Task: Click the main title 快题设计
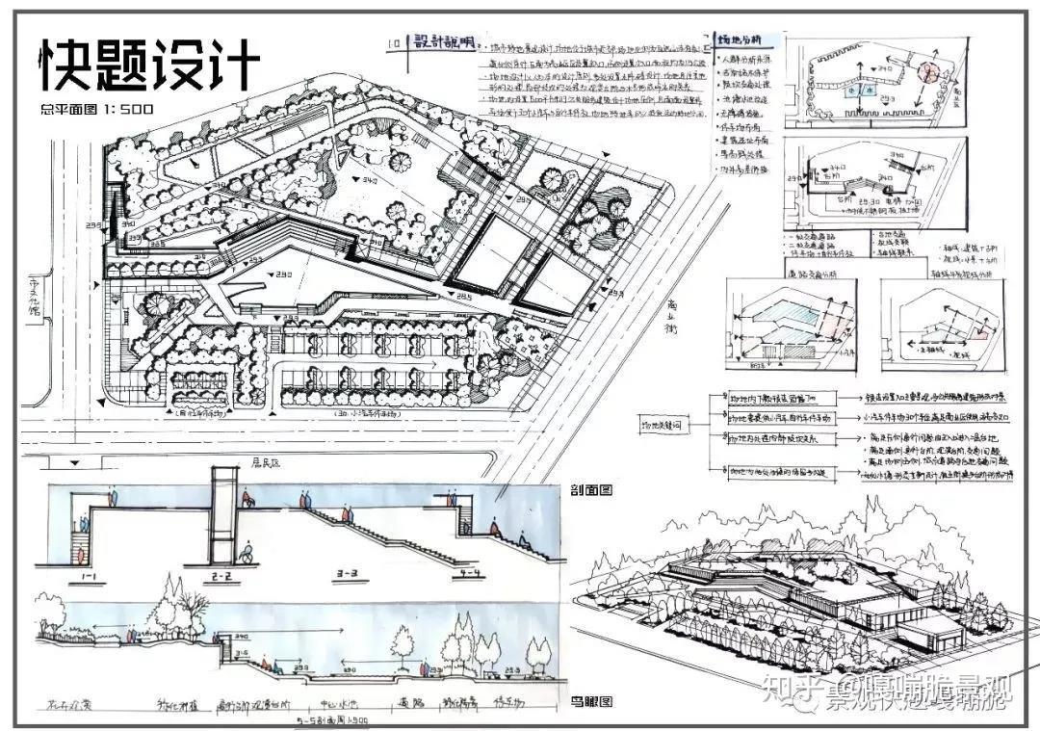150,65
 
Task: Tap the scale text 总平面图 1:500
97,109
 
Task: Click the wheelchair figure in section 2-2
245,553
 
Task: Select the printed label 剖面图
592,489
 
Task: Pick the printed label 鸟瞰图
592,701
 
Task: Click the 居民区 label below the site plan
263,462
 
